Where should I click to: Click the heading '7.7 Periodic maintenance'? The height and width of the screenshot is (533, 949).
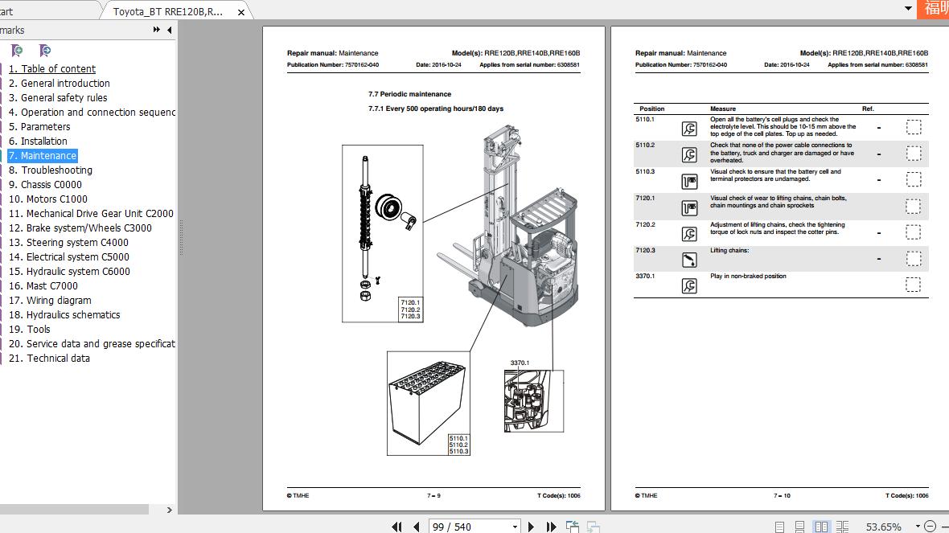click(x=409, y=94)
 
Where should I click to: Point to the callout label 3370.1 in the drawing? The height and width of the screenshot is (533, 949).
click(x=520, y=363)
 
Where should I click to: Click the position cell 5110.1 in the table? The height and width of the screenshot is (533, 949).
click(x=645, y=120)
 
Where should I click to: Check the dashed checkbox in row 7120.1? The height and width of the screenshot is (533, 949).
click(x=913, y=206)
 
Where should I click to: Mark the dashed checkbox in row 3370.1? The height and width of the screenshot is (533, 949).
click(x=913, y=285)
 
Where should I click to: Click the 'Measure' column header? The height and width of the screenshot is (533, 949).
click(x=722, y=109)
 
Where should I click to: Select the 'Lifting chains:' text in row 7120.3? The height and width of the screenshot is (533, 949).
click(x=729, y=251)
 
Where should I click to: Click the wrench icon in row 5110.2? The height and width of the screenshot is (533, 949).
click(x=689, y=155)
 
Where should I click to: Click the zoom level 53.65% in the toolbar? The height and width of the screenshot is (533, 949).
click(x=882, y=527)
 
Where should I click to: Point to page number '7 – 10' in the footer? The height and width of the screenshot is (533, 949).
click(x=782, y=496)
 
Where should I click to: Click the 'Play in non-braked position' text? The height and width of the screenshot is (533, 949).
click(x=748, y=277)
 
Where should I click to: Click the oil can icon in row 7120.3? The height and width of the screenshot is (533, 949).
click(x=689, y=260)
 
